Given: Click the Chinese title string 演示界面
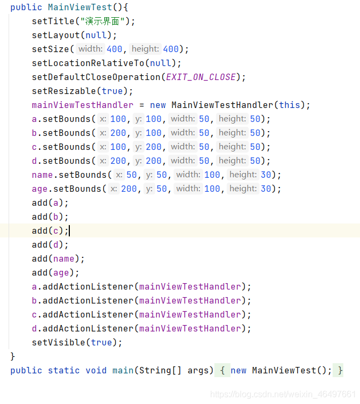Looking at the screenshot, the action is pos(102,21).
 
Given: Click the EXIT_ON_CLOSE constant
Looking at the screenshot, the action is pos(201,77).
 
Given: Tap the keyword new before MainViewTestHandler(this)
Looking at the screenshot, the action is pos(158,105).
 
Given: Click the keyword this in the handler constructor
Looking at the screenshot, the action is pos(290,105).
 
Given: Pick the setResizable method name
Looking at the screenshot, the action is pos(64,91).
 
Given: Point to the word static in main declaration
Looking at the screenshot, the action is pos(64,371).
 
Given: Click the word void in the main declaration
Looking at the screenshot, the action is pos(96,371).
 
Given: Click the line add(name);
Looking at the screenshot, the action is pos(58,259).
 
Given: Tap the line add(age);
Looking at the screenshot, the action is pos(55,272).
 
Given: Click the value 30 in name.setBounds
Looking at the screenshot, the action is pos(266,175).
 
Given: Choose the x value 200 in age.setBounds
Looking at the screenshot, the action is pos(129,189).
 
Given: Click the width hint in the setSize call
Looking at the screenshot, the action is pos(90,49).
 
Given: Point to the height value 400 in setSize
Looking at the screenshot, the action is pos(171,49).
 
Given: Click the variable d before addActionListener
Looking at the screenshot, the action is pos(34,328).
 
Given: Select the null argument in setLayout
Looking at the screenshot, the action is pos(96,35).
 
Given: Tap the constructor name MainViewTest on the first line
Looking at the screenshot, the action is pos(80,7).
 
